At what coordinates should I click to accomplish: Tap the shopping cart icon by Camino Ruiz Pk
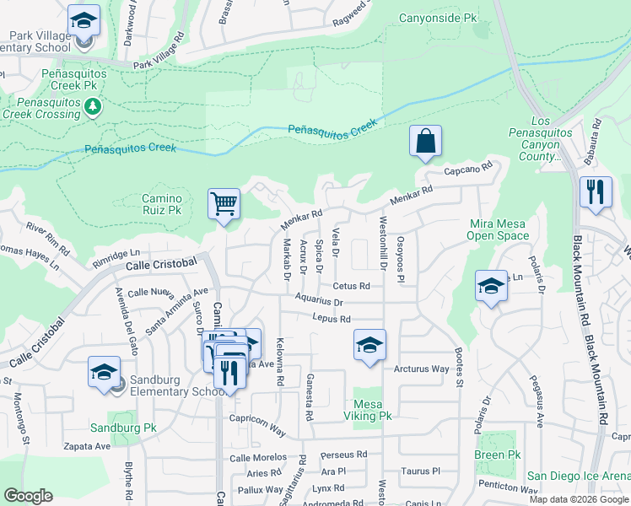pyautogui.click(x=224, y=204)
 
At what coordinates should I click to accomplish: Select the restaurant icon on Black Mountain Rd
pyautogui.click(x=596, y=191)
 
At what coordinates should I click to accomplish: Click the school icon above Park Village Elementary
pyautogui.click(x=84, y=20)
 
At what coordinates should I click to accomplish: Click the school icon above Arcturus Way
pyautogui.click(x=369, y=346)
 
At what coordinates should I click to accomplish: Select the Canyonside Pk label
pyautogui.click(x=437, y=18)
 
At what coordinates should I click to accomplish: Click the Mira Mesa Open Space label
pyautogui.click(x=497, y=229)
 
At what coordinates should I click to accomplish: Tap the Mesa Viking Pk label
pyautogui.click(x=368, y=410)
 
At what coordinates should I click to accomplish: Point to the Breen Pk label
pyautogui.click(x=497, y=455)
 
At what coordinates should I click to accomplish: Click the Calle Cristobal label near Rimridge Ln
pyautogui.click(x=161, y=264)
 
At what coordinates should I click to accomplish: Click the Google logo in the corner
pyautogui.click(x=29, y=496)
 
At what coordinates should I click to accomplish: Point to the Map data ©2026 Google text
pyautogui.click(x=578, y=499)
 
